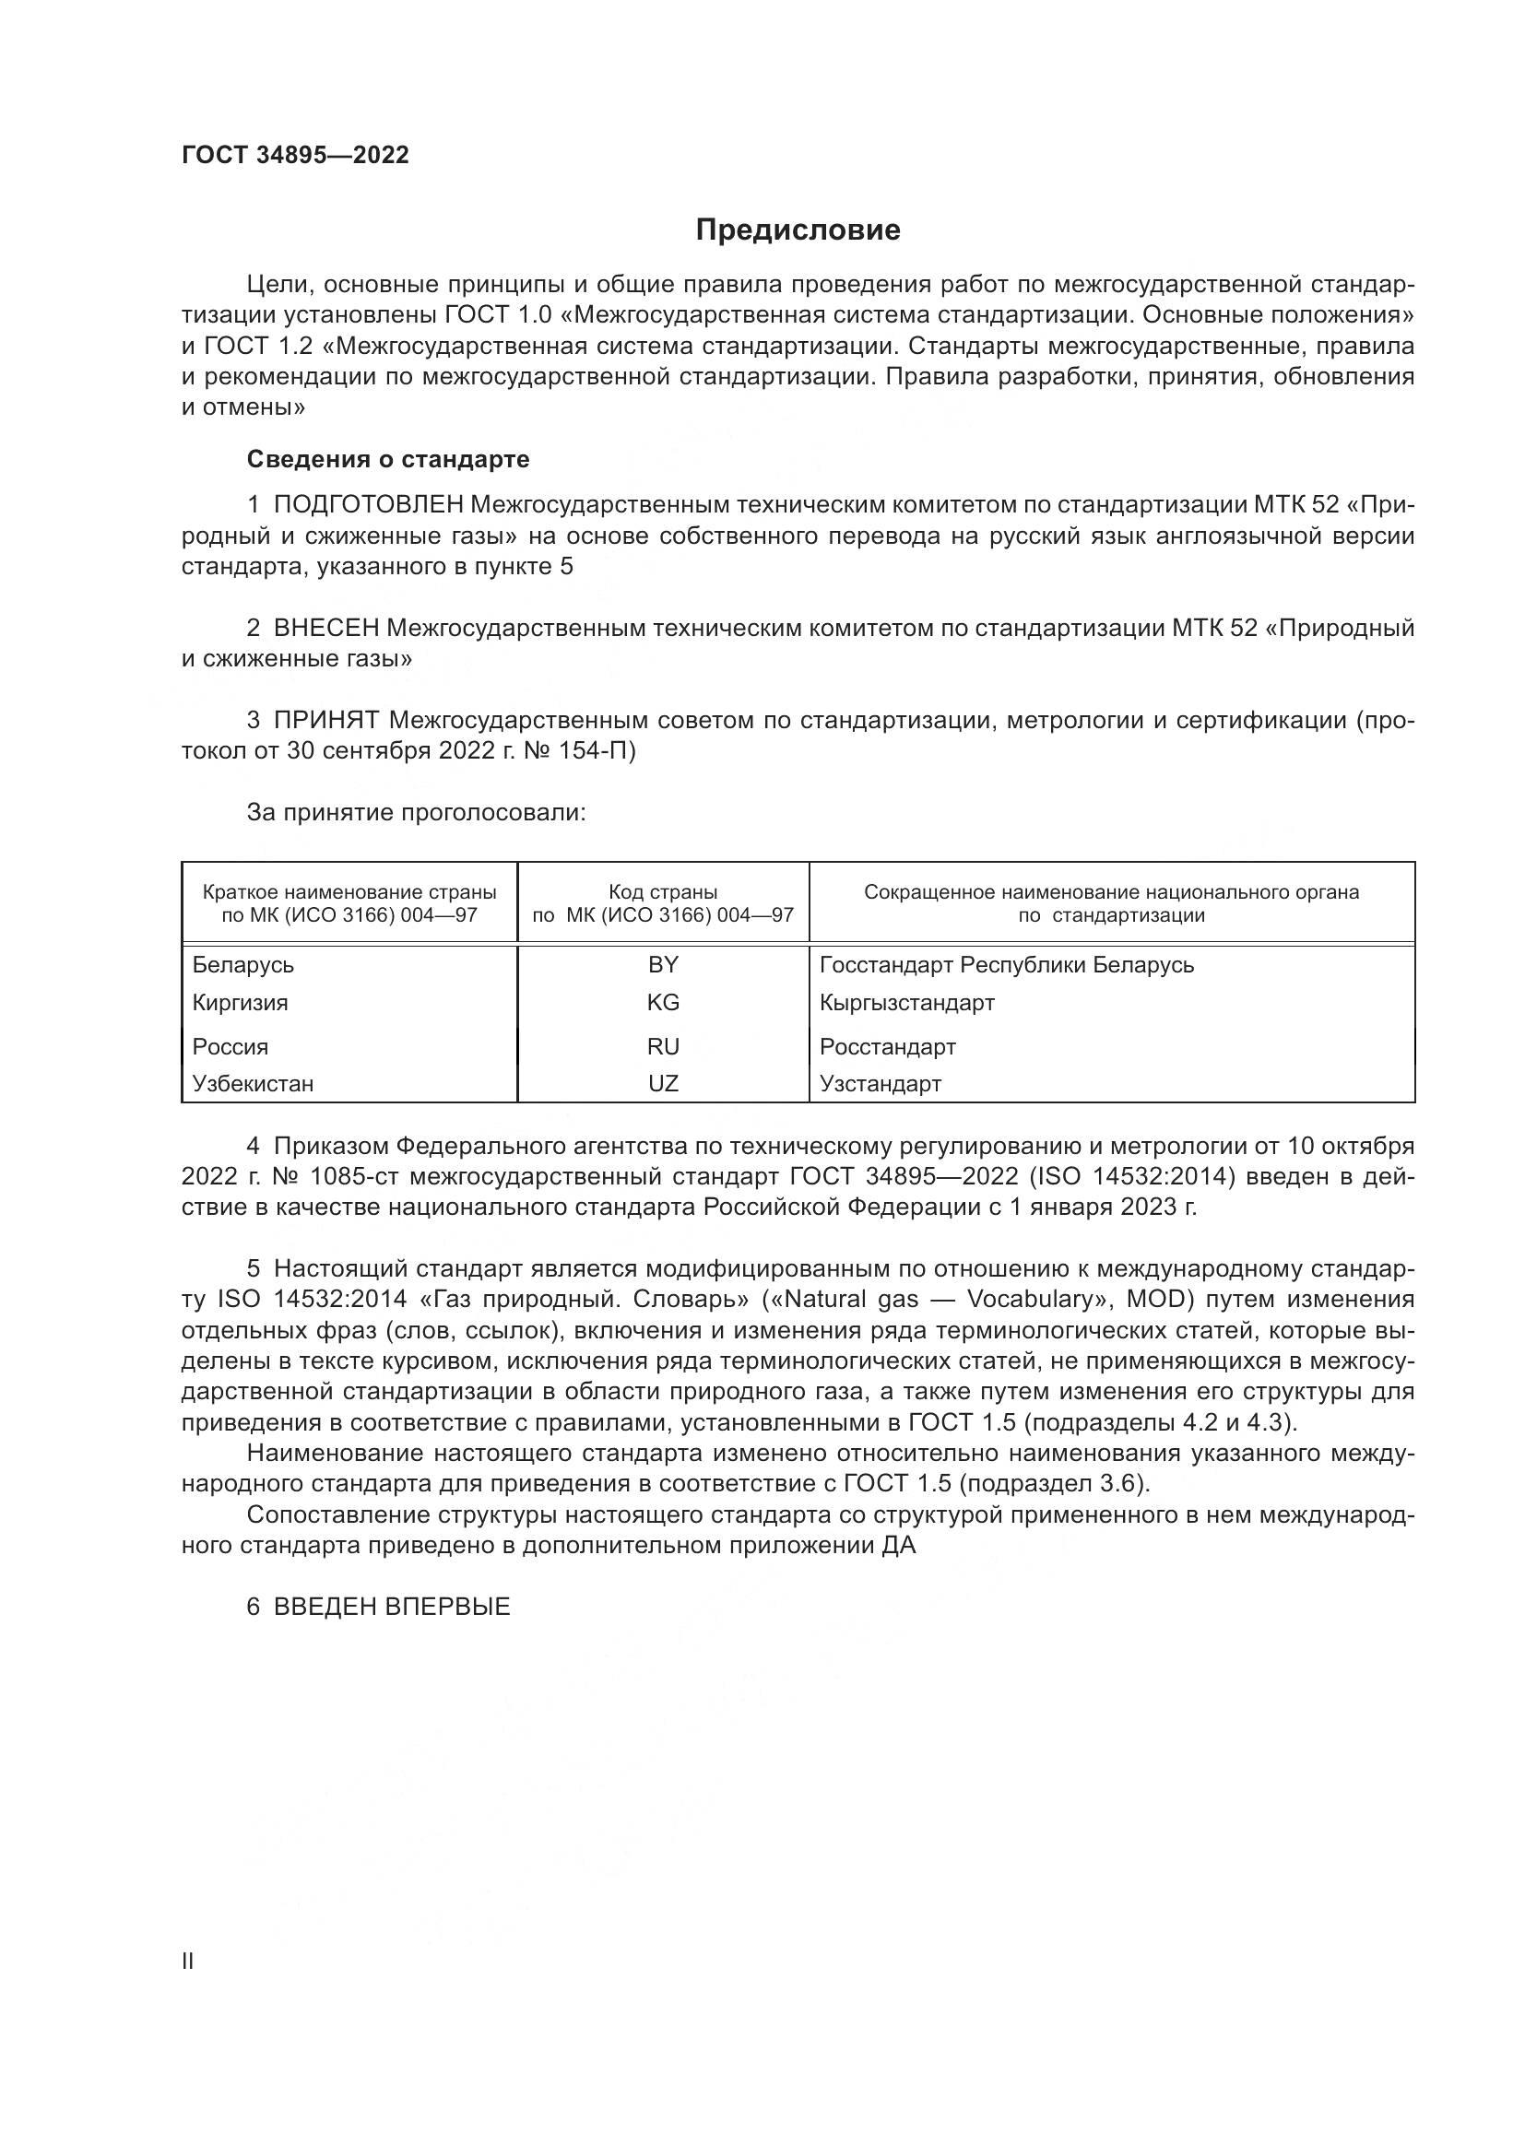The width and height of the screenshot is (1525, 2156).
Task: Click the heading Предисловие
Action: click(x=798, y=230)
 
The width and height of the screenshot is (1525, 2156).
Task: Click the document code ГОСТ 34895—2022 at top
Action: click(x=295, y=155)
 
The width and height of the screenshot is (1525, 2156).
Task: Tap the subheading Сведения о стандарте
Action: click(x=388, y=459)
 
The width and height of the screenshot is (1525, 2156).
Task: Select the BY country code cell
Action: click(x=663, y=964)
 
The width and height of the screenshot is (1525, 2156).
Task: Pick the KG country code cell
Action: click(x=663, y=1002)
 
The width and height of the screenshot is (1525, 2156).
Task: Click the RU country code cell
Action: click(x=663, y=1046)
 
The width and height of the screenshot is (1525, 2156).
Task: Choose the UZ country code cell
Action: click(x=663, y=1083)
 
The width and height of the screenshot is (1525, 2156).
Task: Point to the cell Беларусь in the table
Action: click(x=243, y=964)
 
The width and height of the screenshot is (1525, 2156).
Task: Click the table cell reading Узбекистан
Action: click(x=254, y=1083)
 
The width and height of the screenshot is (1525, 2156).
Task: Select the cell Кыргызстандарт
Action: click(x=906, y=1002)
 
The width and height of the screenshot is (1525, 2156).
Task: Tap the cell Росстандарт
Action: click(x=887, y=1046)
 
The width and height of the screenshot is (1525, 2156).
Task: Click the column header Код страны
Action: click(x=663, y=892)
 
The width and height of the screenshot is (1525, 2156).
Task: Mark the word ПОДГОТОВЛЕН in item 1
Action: click(x=368, y=504)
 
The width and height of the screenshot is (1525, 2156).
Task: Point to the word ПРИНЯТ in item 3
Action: click(x=325, y=720)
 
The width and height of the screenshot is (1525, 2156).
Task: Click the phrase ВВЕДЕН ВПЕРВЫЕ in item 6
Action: click(x=392, y=1607)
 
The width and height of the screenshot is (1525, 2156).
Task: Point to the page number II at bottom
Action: click(x=188, y=1962)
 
